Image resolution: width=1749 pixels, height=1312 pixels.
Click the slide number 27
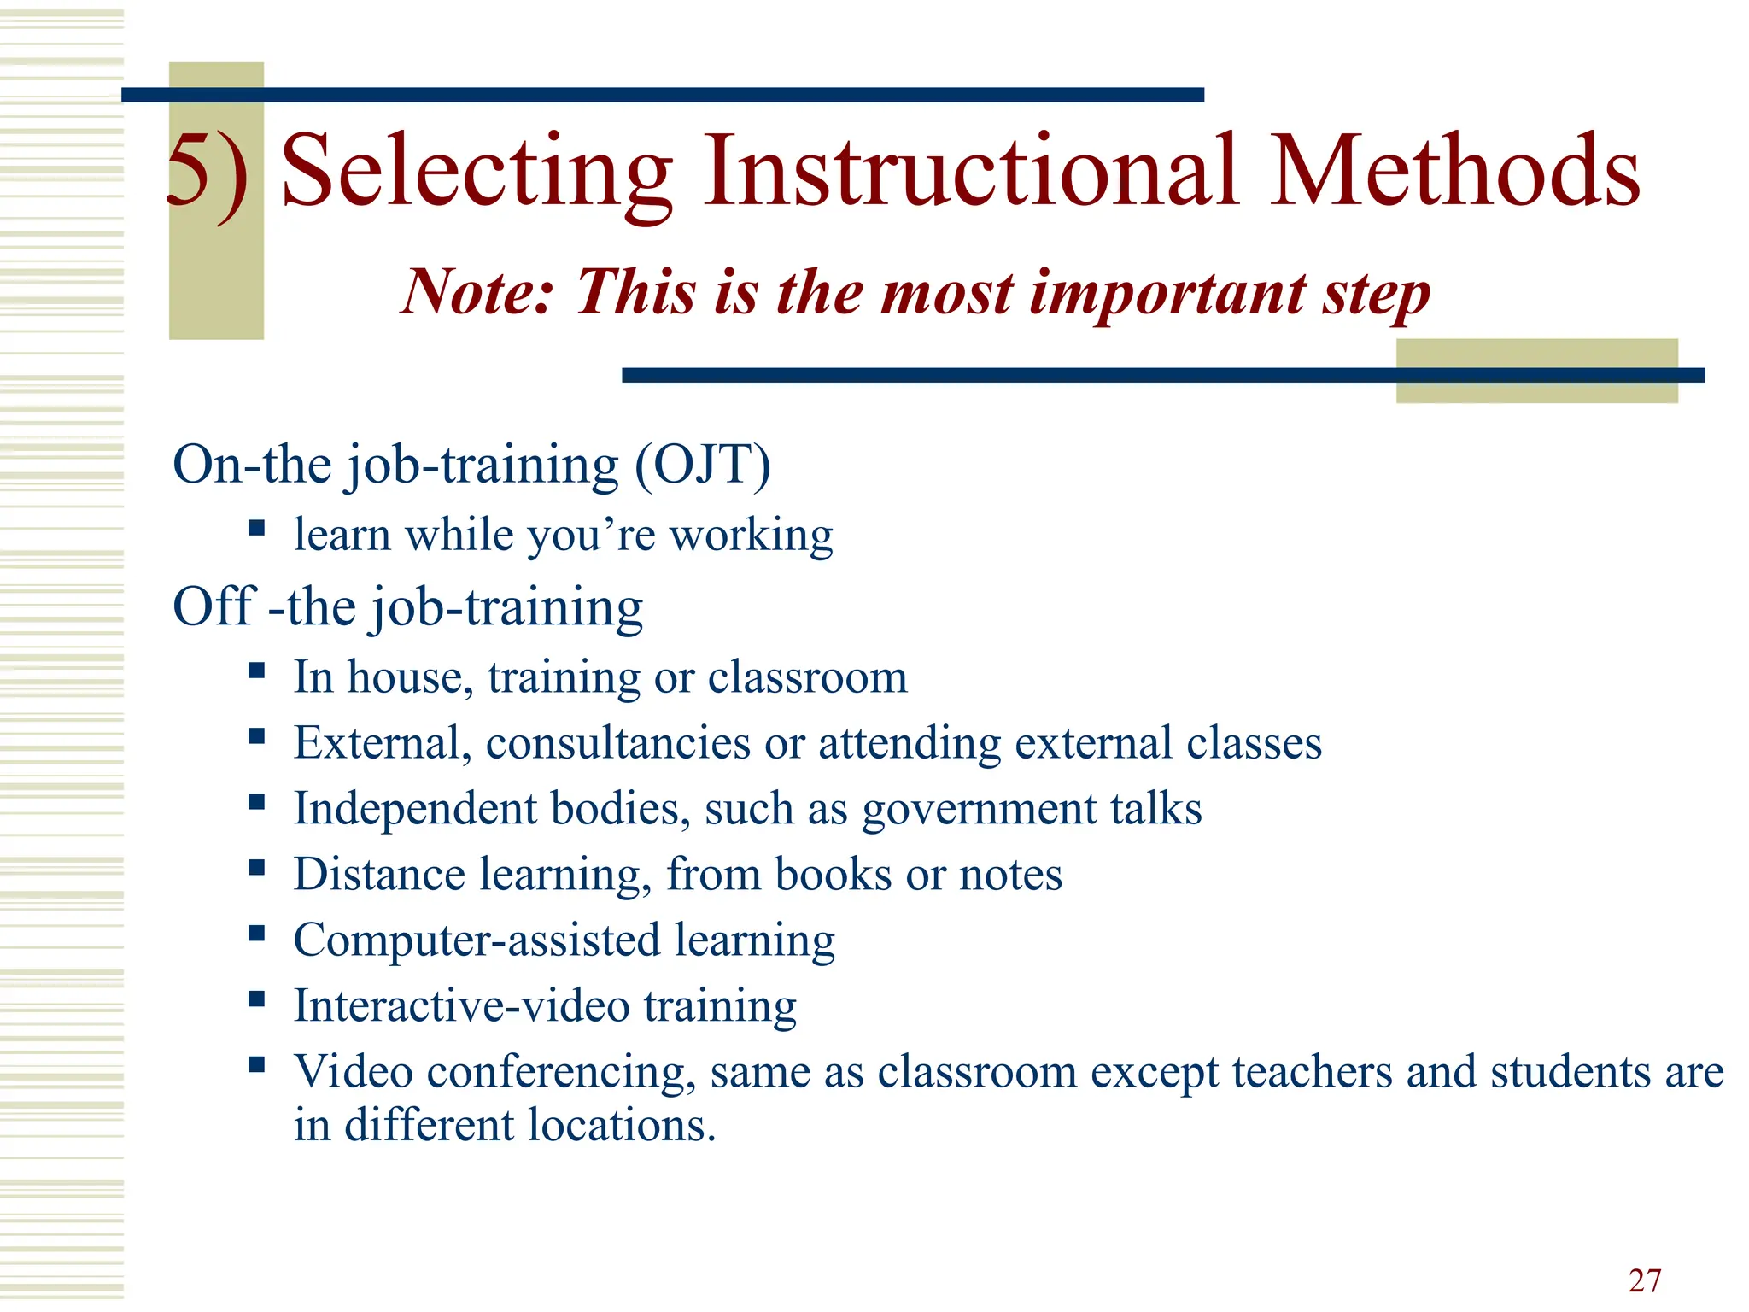click(x=1644, y=1280)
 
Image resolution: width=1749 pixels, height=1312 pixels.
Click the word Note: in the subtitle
click(x=478, y=292)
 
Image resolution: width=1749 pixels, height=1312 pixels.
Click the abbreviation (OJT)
click(x=702, y=465)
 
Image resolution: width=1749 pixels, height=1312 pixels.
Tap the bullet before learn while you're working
click(x=257, y=527)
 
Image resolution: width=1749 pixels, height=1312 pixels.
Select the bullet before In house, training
click(x=257, y=670)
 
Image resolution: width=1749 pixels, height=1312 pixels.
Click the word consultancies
click(x=618, y=742)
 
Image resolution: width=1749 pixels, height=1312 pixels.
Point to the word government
click(x=979, y=809)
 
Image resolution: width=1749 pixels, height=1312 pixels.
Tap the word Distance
click(x=379, y=875)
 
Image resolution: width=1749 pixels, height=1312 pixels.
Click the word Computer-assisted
click(x=477, y=940)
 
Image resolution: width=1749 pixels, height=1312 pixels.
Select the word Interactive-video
click(x=462, y=1005)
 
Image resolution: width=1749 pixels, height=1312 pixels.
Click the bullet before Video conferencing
click(x=257, y=1064)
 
